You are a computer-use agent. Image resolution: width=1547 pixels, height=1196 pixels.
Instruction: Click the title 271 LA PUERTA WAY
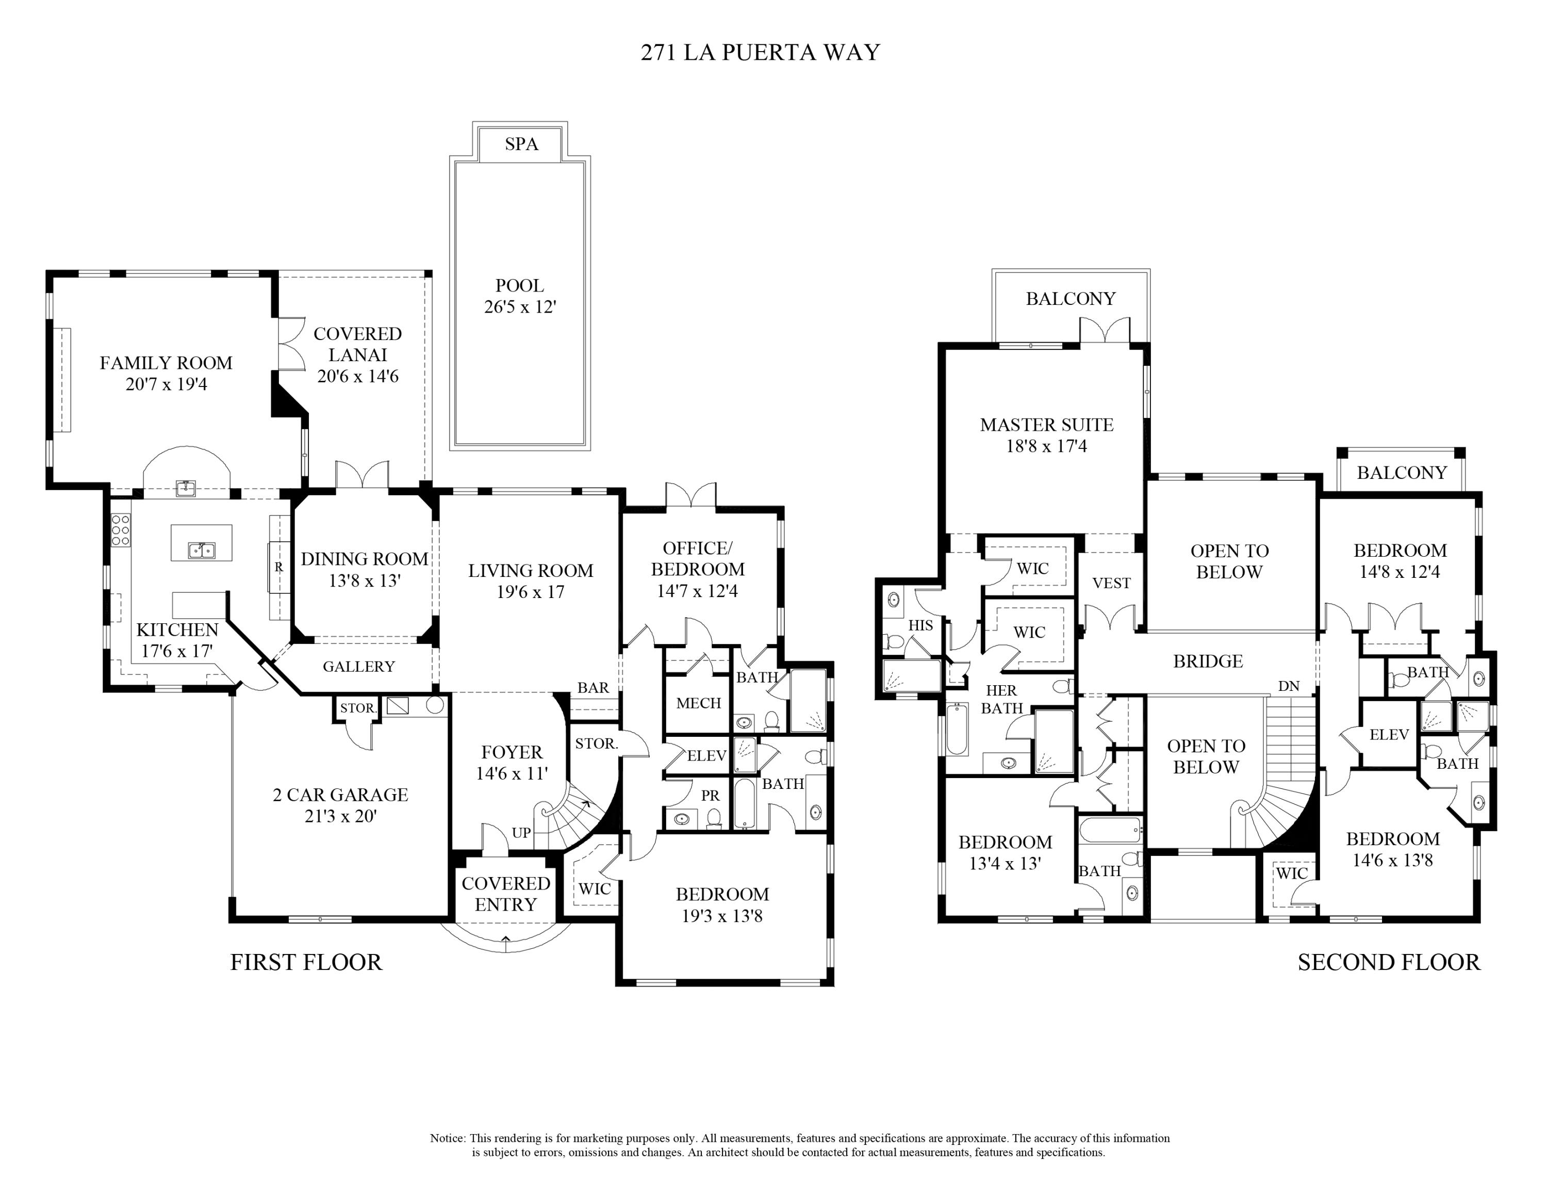pyautogui.click(x=760, y=53)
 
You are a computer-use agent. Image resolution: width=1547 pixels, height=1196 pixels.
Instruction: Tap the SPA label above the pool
pyautogui.click(x=521, y=144)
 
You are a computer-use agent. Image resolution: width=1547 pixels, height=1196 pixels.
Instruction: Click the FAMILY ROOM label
pyautogui.click(x=166, y=363)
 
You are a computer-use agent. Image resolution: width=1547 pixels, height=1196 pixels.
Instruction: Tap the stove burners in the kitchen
pyautogui.click(x=121, y=530)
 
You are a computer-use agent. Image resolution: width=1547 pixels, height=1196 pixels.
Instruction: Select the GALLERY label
pyautogui.click(x=358, y=666)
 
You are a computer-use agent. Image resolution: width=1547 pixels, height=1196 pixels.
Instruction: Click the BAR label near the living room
pyautogui.click(x=593, y=687)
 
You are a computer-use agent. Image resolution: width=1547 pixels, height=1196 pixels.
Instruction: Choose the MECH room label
pyautogui.click(x=698, y=703)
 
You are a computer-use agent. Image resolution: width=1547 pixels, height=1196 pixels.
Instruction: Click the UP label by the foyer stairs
pyautogui.click(x=521, y=833)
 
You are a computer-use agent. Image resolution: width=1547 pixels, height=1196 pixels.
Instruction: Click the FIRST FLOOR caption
pyautogui.click(x=306, y=962)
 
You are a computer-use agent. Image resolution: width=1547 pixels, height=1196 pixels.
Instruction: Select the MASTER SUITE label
pyautogui.click(x=1046, y=425)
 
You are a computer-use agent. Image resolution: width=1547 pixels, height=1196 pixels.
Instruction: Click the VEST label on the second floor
pyautogui.click(x=1111, y=583)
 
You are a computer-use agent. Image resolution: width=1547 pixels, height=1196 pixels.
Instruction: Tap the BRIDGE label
pyautogui.click(x=1208, y=661)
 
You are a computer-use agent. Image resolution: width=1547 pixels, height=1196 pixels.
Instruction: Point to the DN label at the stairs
pyautogui.click(x=1289, y=686)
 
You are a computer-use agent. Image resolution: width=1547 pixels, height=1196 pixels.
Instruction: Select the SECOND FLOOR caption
pyautogui.click(x=1388, y=962)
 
